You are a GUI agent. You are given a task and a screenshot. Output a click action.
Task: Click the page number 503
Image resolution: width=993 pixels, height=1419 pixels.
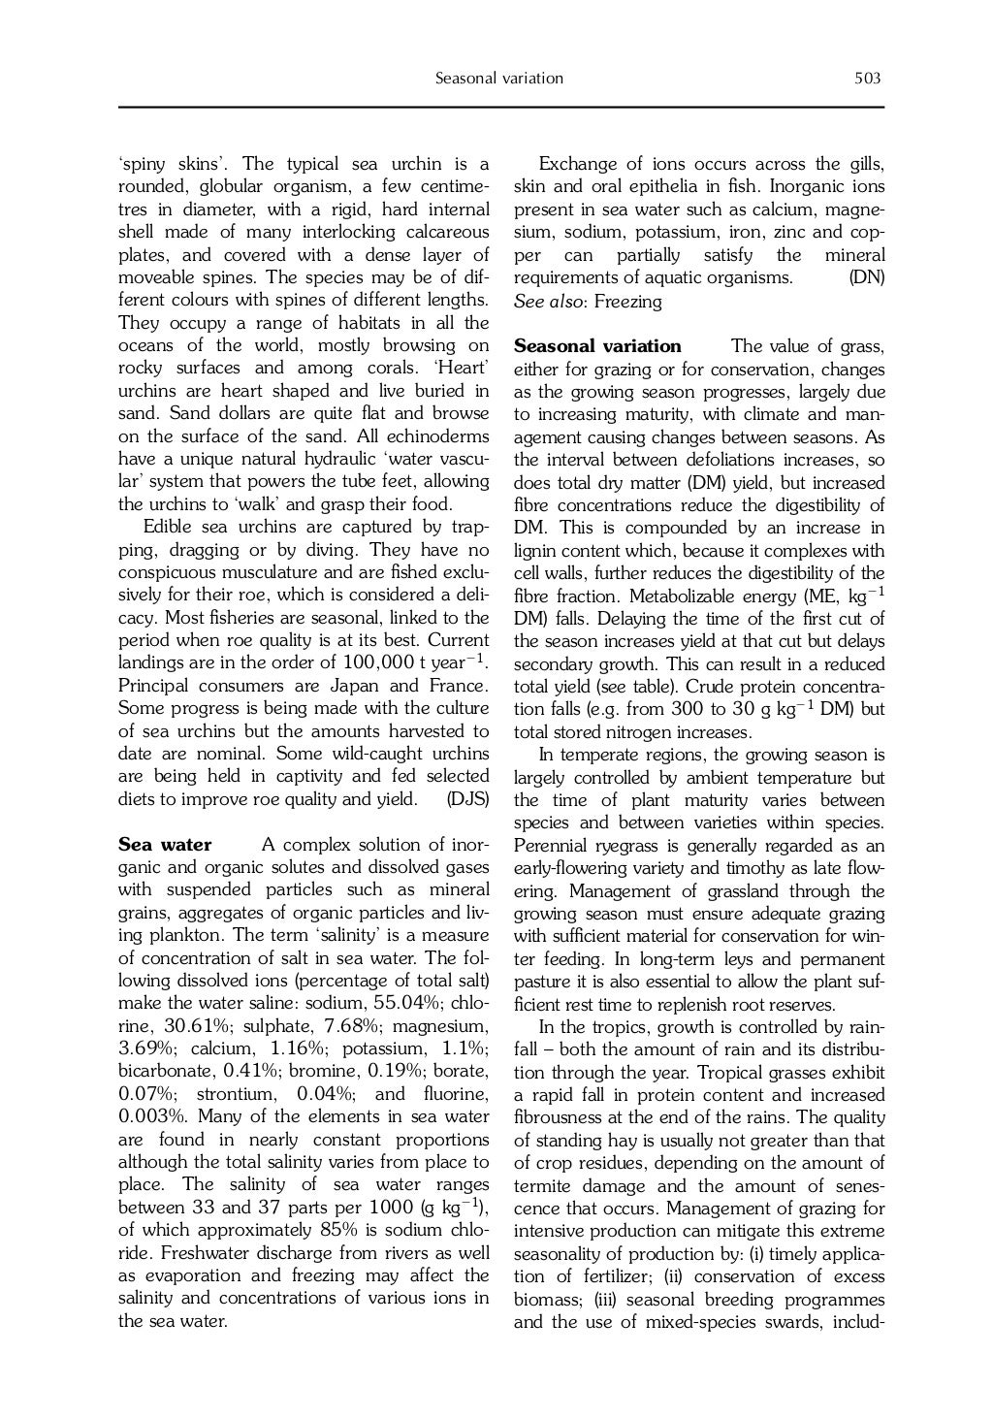(867, 79)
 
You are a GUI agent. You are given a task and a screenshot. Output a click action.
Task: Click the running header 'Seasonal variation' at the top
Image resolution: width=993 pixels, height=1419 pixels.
(499, 79)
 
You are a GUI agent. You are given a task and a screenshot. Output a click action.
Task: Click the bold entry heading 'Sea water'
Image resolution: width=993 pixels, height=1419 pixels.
(165, 845)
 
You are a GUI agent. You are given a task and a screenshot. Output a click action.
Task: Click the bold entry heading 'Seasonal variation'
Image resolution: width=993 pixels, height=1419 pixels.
(597, 346)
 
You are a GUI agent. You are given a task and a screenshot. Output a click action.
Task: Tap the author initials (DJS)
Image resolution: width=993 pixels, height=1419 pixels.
(467, 799)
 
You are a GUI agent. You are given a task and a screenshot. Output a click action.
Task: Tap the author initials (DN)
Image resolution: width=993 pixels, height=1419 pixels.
(867, 278)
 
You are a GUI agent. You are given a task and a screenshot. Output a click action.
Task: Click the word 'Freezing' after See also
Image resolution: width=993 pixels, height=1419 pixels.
(628, 302)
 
